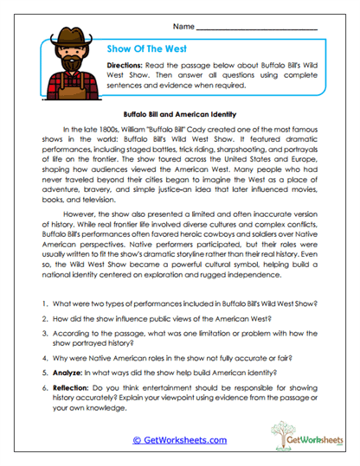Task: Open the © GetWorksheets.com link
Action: pyautogui.click(x=179, y=439)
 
